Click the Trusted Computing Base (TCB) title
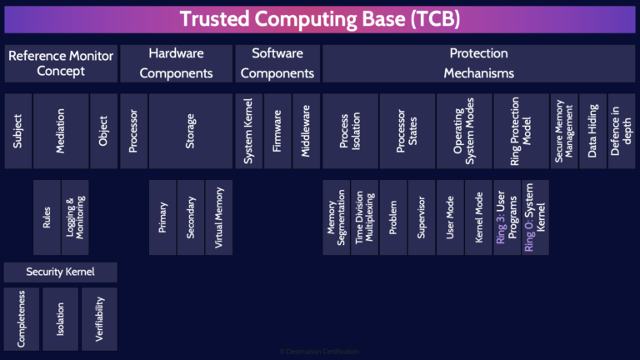click(320, 19)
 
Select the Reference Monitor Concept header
click(61, 63)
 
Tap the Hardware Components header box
click(176, 63)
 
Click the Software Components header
click(277, 63)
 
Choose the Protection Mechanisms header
click(478, 63)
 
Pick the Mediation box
click(61, 131)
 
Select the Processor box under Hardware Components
click(133, 131)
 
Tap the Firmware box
click(277, 131)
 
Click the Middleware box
click(305, 131)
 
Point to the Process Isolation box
click(349, 131)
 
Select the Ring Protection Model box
click(520, 131)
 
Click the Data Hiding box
click(592, 131)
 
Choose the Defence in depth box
click(621, 131)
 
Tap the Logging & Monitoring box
click(75, 217)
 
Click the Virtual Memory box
click(219, 217)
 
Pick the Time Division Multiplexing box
click(363, 217)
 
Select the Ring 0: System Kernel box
click(535, 217)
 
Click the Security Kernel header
click(61, 272)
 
